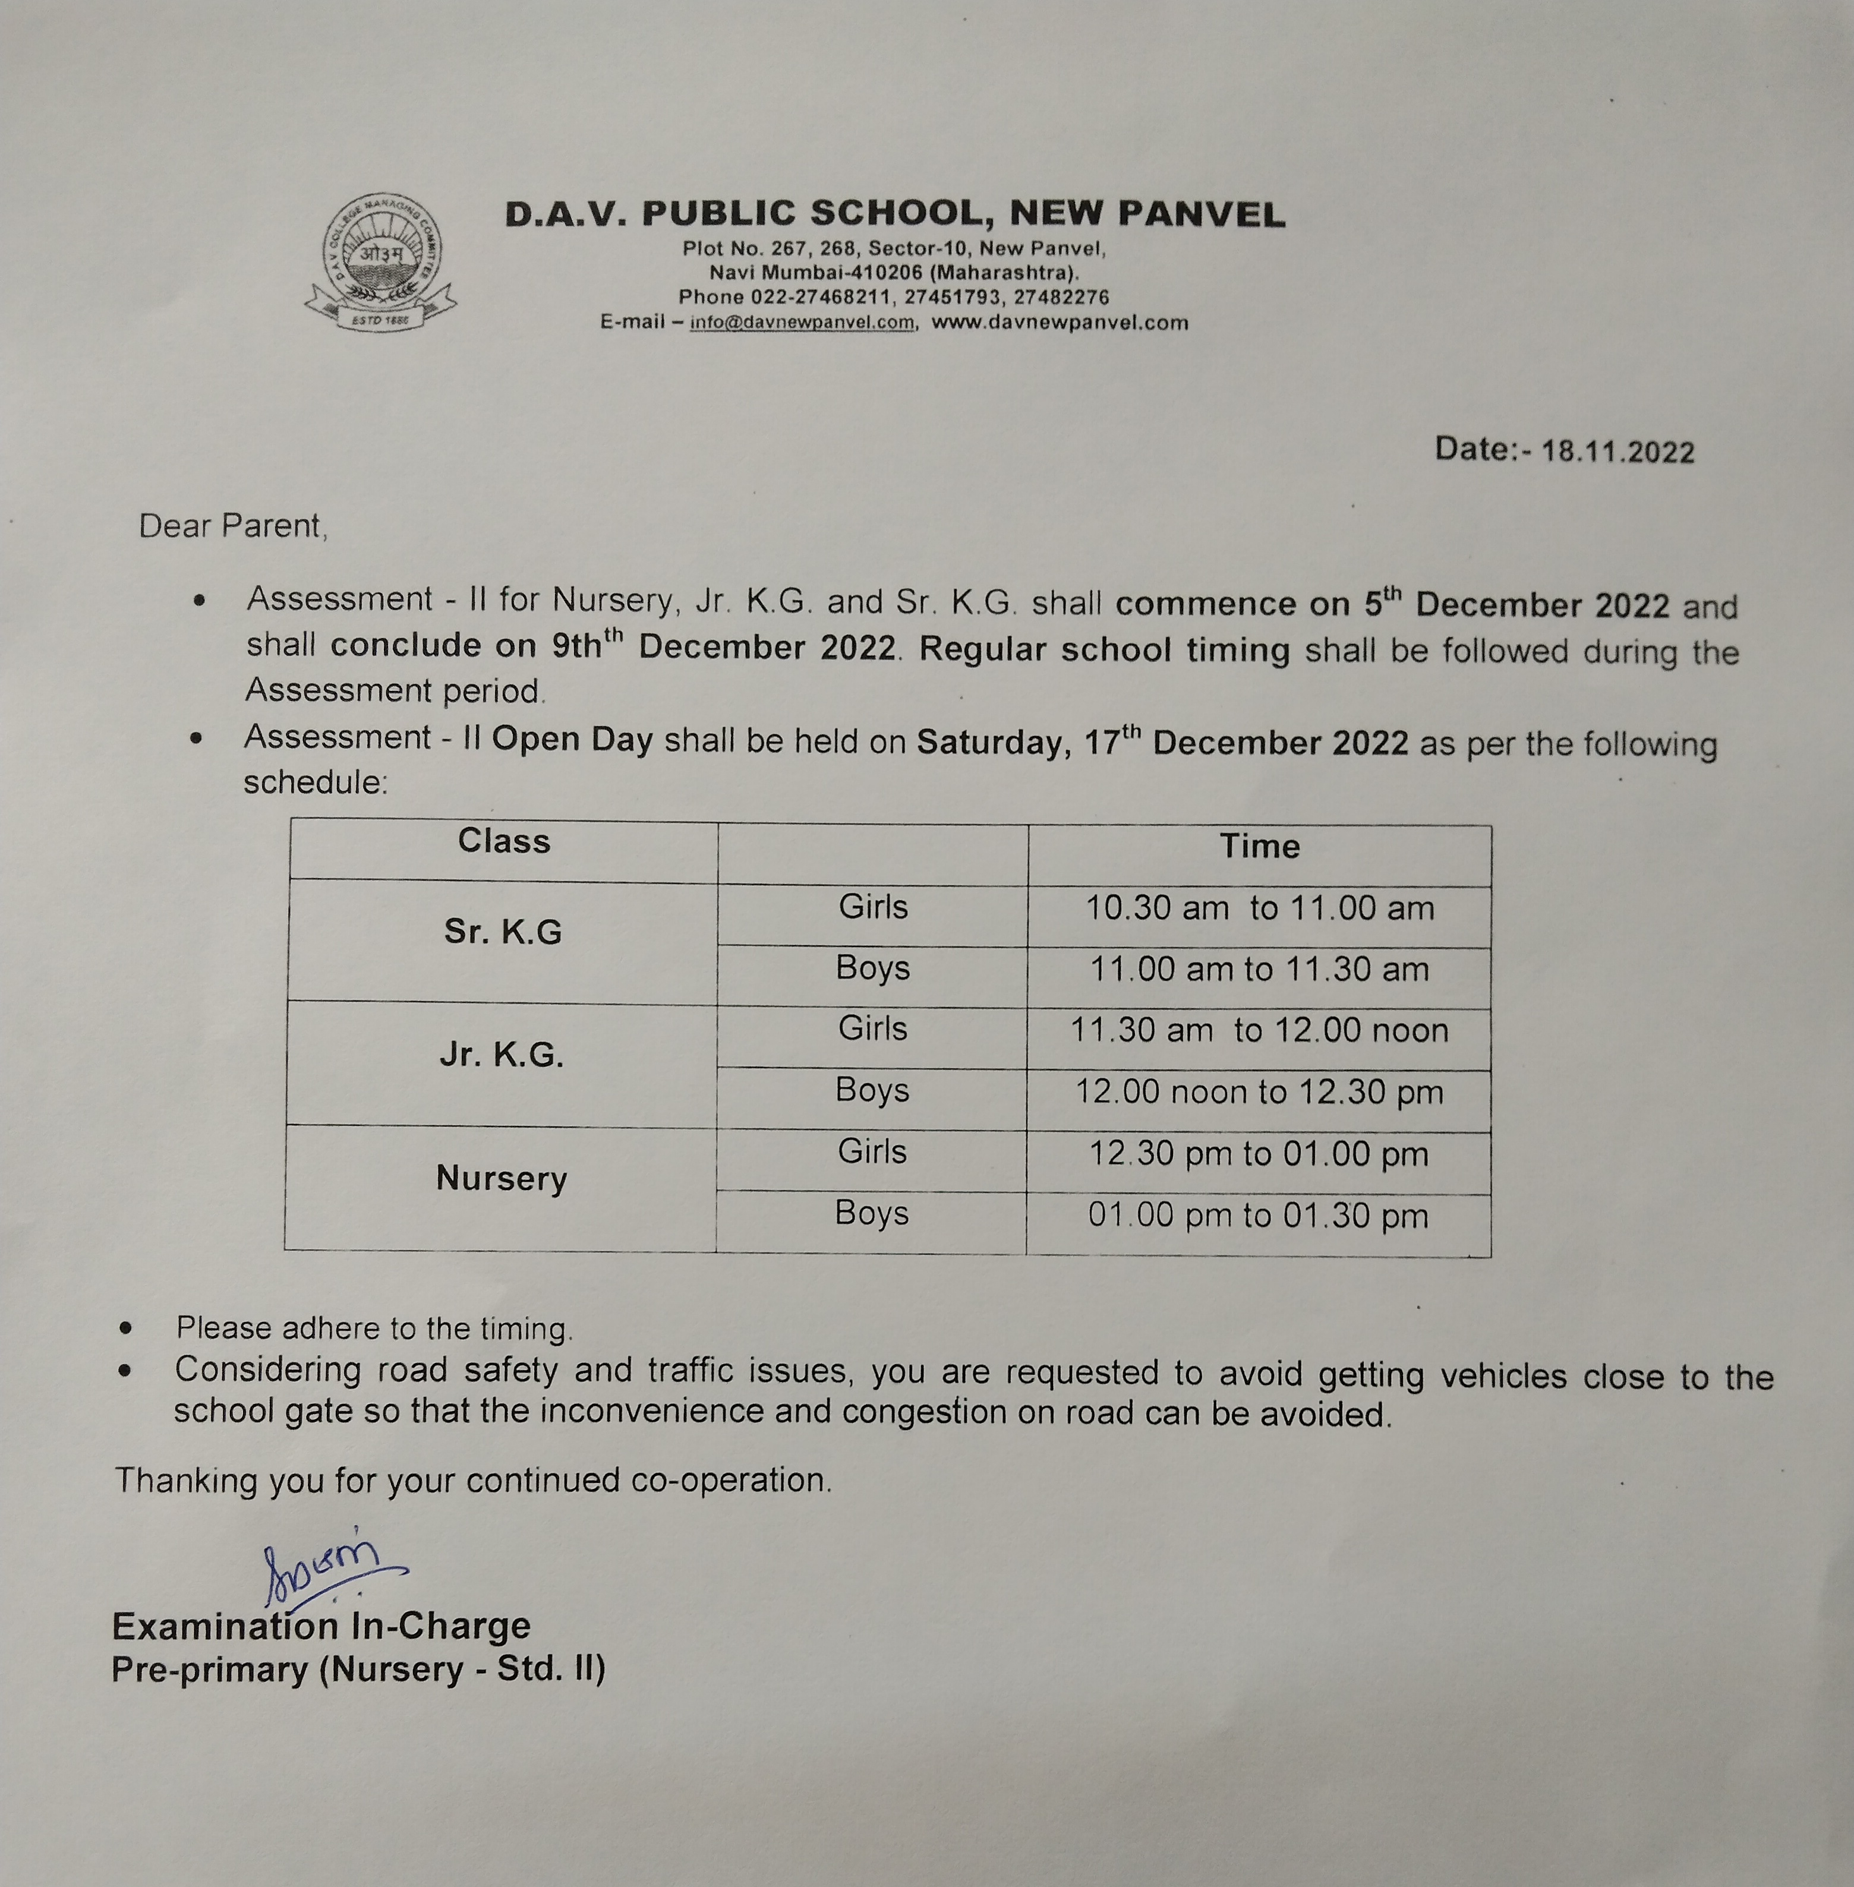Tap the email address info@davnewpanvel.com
click(802, 323)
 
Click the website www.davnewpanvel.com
click(1060, 323)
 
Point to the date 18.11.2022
click(1617, 452)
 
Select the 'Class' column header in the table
click(503, 841)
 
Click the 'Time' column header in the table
click(1259, 846)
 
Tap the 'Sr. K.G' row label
click(503, 932)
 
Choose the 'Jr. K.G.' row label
click(502, 1055)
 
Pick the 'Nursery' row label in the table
click(502, 1178)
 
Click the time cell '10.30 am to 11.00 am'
click(1259, 908)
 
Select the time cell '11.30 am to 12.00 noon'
click(1259, 1030)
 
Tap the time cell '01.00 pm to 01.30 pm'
click(1258, 1216)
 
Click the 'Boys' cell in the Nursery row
click(872, 1213)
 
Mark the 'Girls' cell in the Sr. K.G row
click(872, 907)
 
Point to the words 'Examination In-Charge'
click(321, 1626)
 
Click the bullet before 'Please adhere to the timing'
click(125, 1328)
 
